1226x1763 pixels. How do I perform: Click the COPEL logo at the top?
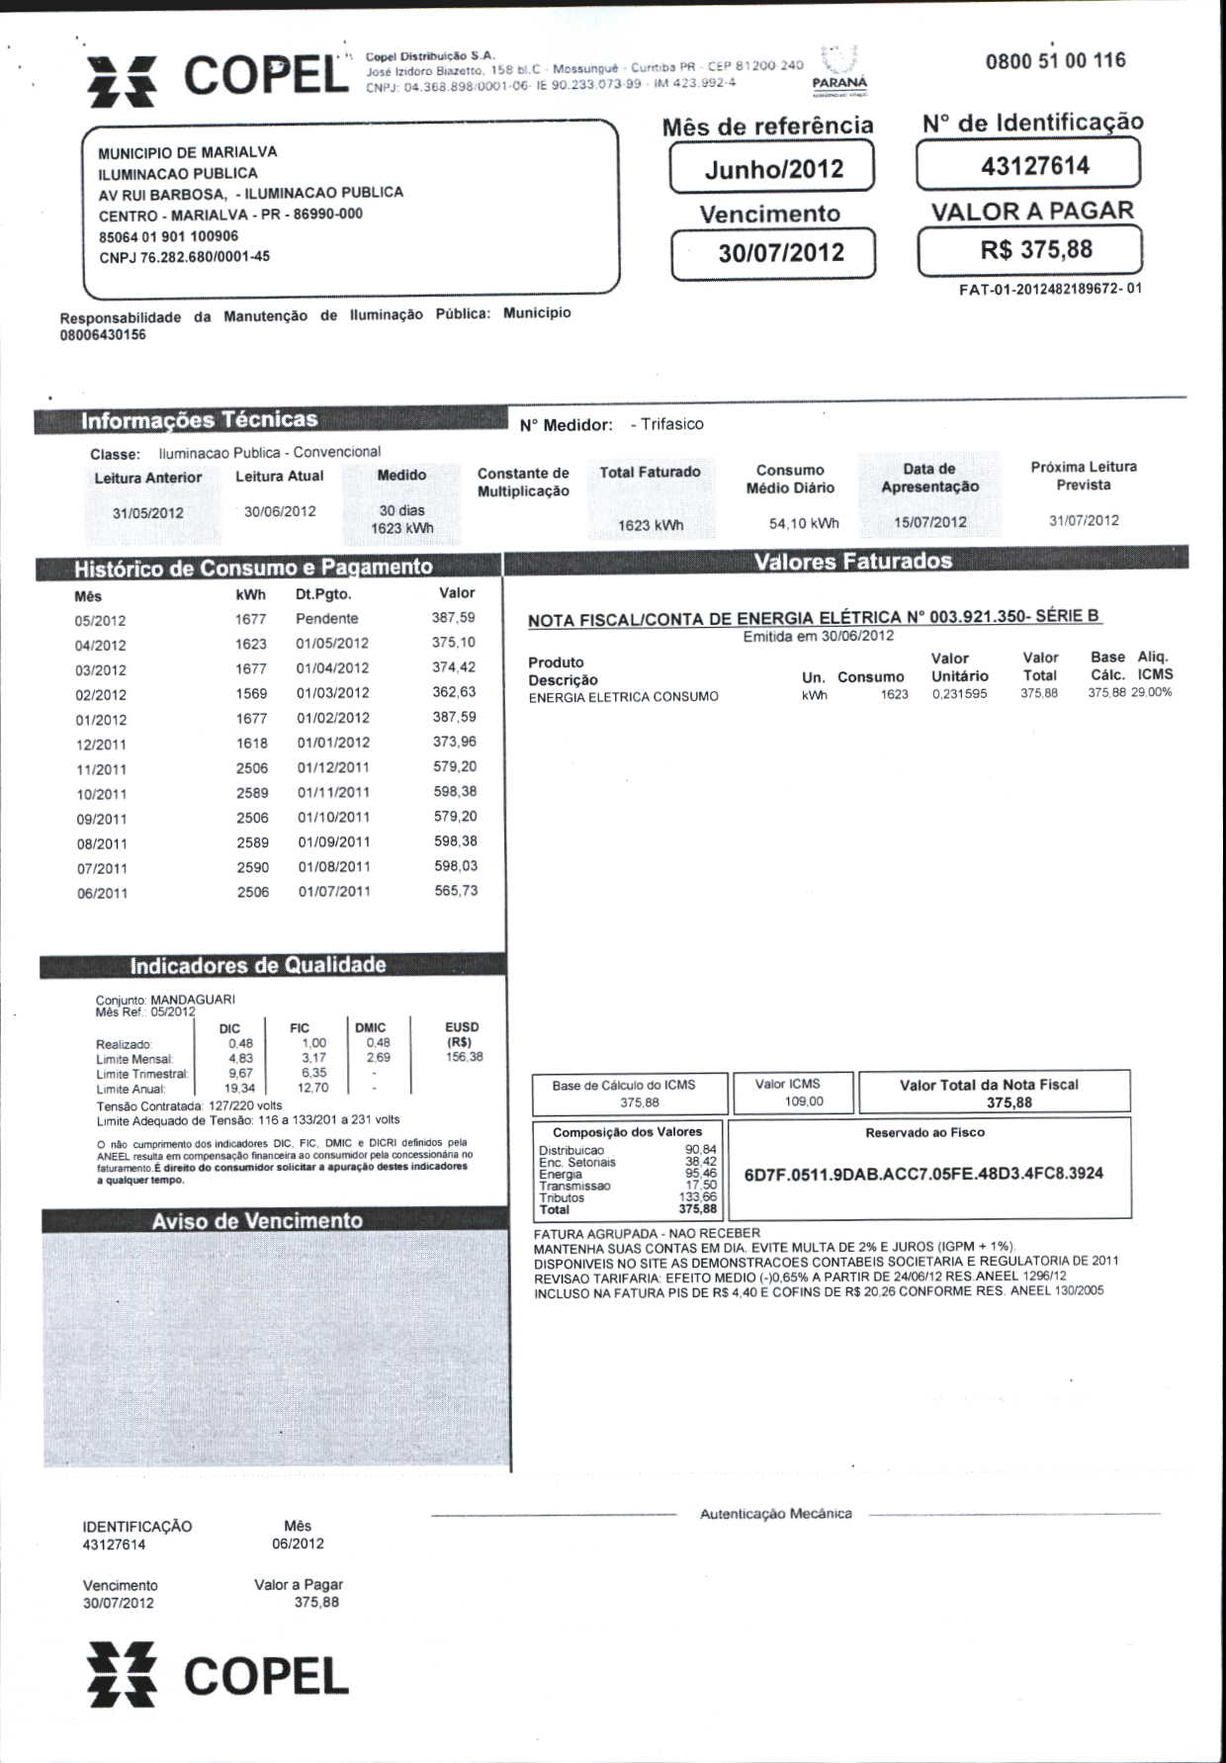(218, 77)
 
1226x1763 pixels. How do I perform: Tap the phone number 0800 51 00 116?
(1055, 61)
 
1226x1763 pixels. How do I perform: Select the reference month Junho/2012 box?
(773, 168)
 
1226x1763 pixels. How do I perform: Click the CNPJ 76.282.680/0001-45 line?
(184, 257)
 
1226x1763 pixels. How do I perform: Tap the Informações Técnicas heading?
(199, 420)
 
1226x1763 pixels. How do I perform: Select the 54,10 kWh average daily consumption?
(803, 523)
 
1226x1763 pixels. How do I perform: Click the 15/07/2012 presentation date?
(929, 522)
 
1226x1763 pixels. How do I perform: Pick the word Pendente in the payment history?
(326, 619)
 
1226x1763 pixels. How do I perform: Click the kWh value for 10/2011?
(252, 793)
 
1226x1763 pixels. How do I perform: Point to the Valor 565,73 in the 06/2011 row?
(455, 891)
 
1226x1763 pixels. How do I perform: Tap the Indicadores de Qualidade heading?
(258, 966)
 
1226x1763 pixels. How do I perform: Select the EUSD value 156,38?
(464, 1057)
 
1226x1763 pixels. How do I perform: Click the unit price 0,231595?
(958, 694)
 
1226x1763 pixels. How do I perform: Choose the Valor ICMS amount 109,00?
(803, 1102)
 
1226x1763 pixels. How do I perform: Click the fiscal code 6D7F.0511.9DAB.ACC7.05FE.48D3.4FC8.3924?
(922, 1174)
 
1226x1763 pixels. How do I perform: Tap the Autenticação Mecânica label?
(775, 1514)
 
